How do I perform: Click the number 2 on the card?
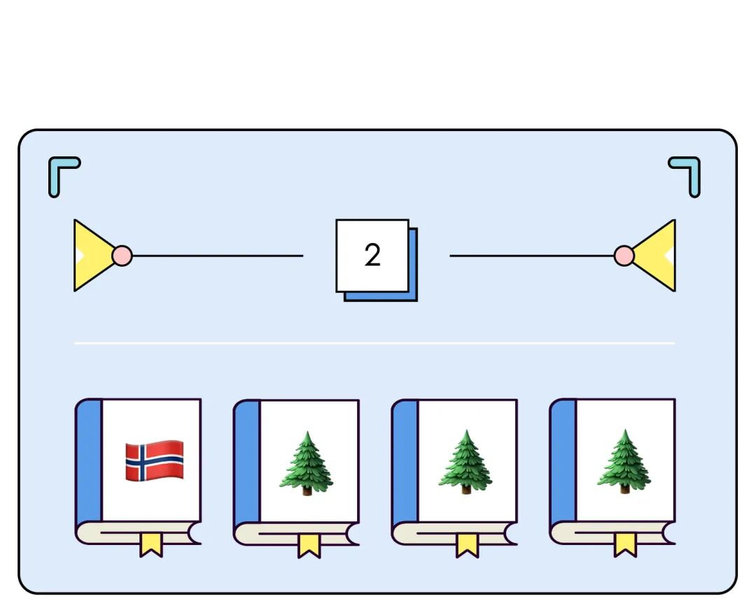click(x=372, y=256)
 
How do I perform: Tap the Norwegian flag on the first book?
click(x=154, y=460)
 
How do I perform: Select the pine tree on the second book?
click(x=307, y=463)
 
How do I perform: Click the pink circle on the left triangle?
click(x=122, y=255)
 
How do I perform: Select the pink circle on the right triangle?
click(x=624, y=256)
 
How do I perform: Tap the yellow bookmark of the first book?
click(x=150, y=544)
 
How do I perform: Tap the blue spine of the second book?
click(x=247, y=462)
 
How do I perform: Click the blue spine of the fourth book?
click(x=563, y=462)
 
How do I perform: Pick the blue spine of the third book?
click(x=405, y=462)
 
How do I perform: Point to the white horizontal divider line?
click(x=374, y=343)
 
